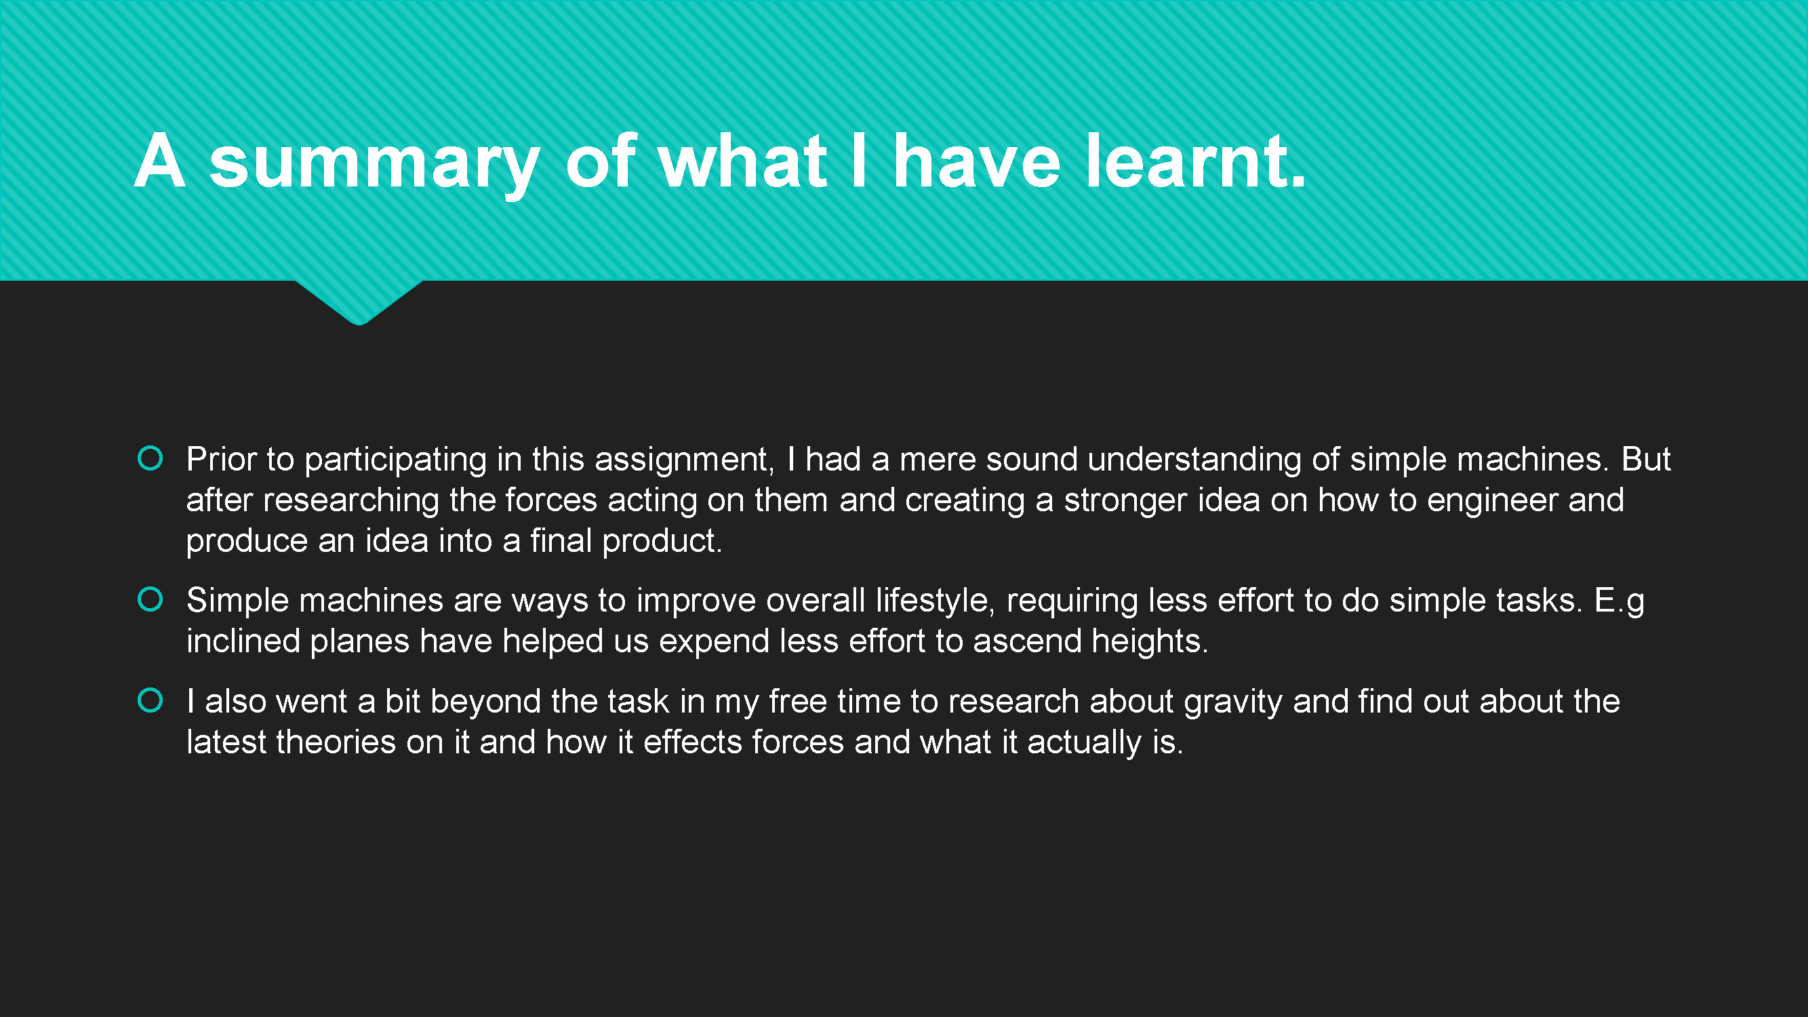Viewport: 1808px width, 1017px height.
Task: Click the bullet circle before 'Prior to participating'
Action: (150, 458)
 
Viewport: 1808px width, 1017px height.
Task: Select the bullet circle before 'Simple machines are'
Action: (150, 599)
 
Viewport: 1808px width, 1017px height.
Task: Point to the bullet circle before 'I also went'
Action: (150, 700)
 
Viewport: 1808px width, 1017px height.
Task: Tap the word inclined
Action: (243, 641)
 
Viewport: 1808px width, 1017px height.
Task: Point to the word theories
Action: (336, 742)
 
